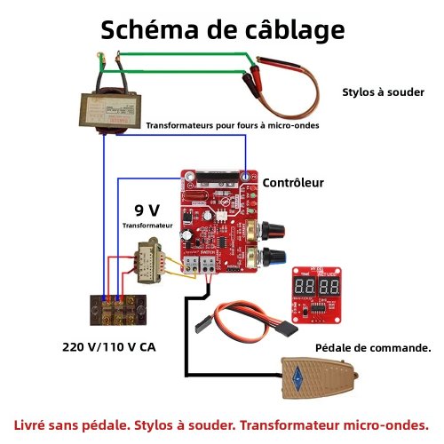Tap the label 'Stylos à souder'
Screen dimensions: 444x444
(x=383, y=92)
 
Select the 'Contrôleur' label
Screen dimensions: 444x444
(x=292, y=183)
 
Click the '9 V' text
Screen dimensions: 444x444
(x=147, y=210)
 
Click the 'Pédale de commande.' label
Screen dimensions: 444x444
(x=373, y=348)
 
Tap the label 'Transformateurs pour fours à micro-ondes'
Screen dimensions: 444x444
(x=232, y=126)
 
